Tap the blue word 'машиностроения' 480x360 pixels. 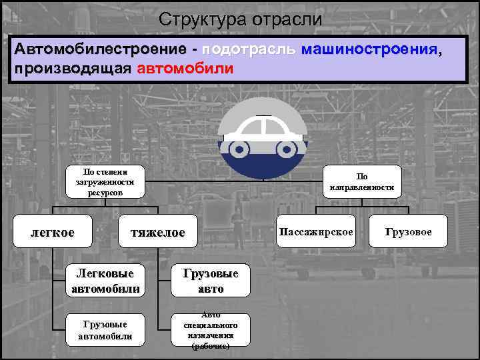(370, 50)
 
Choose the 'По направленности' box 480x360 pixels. (362, 182)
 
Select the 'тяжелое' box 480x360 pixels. (158, 232)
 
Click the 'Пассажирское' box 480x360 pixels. (317, 232)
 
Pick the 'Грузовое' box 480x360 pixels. (408, 232)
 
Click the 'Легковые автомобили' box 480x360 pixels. (105, 281)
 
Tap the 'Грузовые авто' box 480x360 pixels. (210, 281)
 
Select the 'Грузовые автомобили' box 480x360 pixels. (105, 330)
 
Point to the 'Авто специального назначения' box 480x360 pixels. (210, 330)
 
